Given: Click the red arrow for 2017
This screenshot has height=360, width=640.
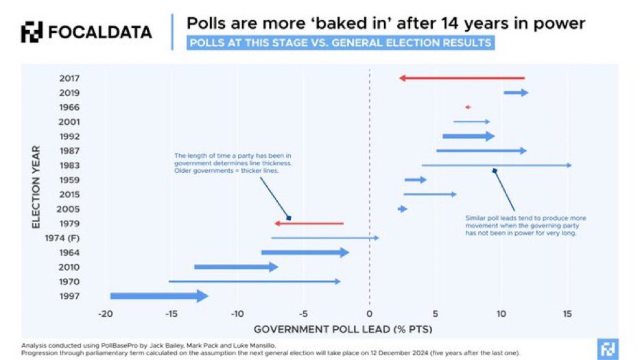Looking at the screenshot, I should pos(462,78).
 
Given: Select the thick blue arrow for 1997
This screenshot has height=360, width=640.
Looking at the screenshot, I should pos(158,296).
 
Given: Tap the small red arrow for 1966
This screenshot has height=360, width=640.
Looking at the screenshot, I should pos(468,107).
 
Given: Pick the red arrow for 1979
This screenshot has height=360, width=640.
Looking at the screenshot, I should pos(309,224).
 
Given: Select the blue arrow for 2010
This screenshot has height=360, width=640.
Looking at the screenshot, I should pos(235,267).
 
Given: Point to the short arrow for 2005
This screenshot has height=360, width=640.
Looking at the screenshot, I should pos(403,208).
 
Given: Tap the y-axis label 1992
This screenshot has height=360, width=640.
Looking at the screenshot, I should pos(69,136).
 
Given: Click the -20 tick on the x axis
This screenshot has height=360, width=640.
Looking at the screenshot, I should pos(105,313).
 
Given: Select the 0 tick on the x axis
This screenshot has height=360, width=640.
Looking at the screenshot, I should pos(369,313).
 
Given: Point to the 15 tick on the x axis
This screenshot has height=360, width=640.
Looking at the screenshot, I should pos(567,313).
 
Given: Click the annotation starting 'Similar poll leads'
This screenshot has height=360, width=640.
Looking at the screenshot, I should pos(525,226).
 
